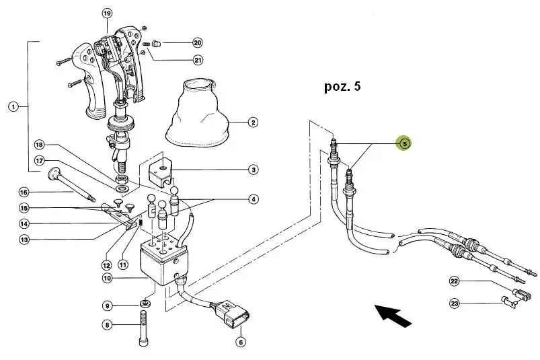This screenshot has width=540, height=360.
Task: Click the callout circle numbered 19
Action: click(x=107, y=13)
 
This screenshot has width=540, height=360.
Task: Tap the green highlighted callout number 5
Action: click(x=404, y=143)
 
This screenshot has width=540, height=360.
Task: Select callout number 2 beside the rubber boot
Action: click(x=253, y=122)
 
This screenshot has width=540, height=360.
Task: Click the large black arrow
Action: click(x=393, y=314)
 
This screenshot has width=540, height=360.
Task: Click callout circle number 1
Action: click(x=13, y=106)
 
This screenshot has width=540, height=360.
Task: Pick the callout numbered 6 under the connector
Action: click(x=240, y=342)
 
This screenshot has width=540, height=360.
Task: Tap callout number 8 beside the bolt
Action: click(x=107, y=325)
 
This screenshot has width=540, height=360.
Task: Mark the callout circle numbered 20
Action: click(x=197, y=42)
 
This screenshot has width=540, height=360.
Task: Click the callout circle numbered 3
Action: click(x=253, y=170)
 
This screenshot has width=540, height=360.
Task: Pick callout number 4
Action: click(x=253, y=199)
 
